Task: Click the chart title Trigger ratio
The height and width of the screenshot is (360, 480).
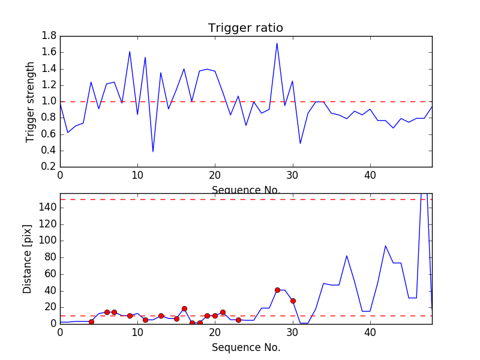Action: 245,28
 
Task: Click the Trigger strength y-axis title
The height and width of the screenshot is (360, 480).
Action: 31,101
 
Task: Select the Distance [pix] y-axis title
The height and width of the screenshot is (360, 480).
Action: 28,259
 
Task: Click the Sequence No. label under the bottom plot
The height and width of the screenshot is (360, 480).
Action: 246,347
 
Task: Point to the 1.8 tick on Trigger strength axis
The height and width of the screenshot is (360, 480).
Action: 49,36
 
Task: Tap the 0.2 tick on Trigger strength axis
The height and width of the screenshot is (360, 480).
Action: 49,167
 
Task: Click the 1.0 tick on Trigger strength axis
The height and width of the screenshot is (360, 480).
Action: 49,101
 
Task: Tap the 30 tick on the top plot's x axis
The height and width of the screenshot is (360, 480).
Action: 292,176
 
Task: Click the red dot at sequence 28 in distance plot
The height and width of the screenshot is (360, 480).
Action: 277,290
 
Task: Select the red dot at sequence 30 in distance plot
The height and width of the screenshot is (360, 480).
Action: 293,301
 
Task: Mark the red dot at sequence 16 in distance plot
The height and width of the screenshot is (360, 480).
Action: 184,308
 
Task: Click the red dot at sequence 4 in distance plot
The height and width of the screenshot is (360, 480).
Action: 91,322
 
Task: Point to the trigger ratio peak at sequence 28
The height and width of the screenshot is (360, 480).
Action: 277,43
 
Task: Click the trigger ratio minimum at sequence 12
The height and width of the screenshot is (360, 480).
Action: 153,151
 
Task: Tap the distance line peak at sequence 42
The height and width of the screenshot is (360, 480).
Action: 386,246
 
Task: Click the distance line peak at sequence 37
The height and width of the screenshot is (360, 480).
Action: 347,256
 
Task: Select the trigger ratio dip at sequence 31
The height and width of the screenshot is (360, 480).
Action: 300,143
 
